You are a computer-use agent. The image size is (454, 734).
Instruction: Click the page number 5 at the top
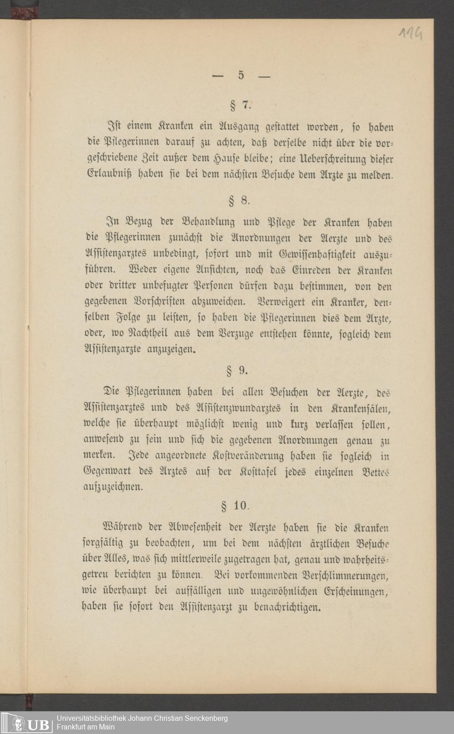(241, 75)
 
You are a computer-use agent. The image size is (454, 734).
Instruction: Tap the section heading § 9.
(237, 371)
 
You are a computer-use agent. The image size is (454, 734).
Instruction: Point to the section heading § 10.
(235, 506)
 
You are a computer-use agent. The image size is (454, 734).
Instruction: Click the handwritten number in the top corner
(410, 33)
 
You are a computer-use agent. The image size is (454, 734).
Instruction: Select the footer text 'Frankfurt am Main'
(85, 727)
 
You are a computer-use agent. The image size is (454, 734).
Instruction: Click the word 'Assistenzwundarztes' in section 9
(243, 409)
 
